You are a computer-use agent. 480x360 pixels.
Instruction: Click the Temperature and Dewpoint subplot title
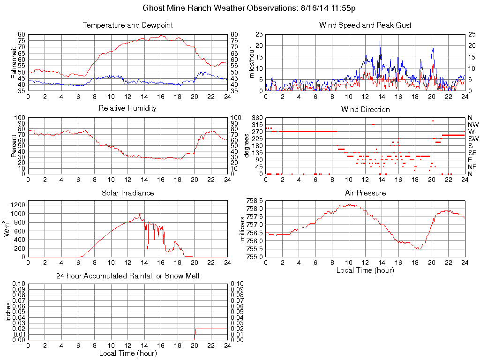(127, 25)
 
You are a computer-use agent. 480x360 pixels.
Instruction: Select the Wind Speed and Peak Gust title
(365, 25)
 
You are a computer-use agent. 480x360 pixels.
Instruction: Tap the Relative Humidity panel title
(127, 108)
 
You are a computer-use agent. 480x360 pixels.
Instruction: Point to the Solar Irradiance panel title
(127, 193)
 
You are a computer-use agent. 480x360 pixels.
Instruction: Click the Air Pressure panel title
(365, 193)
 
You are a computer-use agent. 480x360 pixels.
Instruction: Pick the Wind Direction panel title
(365, 109)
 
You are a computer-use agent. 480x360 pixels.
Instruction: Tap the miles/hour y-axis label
(251, 62)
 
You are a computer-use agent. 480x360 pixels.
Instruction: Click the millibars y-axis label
(242, 228)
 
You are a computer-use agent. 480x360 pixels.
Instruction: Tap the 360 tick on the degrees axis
(257, 117)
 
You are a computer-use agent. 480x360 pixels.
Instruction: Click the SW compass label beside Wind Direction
(472, 139)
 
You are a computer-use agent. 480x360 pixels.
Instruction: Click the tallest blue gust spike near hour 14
(380, 42)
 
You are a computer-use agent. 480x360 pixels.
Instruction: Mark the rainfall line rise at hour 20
(195, 333)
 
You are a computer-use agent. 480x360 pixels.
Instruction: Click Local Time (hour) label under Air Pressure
(365, 270)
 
